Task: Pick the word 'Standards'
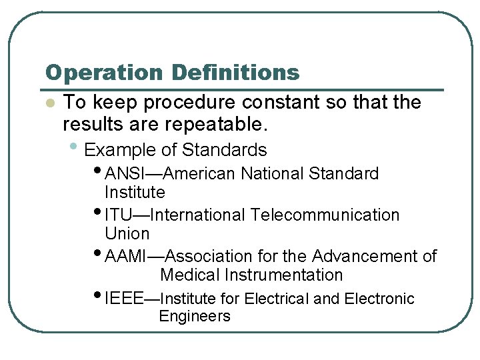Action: coord(224,149)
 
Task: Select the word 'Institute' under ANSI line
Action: coord(135,193)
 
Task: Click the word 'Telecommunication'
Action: coord(325,215)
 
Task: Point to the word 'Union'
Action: coord(127,234)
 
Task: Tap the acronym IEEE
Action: coord(124,299)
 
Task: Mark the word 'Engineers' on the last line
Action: coord(194,317)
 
